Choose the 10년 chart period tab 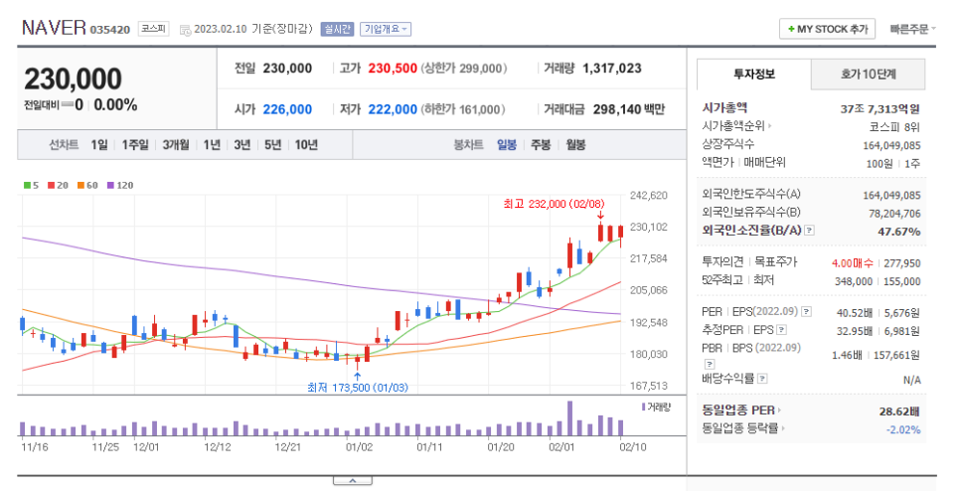(306, 144)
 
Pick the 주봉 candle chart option (540, 144)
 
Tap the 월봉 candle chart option (575, 144)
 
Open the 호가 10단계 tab (868, 74)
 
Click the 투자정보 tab (753, 74)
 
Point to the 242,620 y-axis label (649, 196)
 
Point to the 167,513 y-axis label (649, 386)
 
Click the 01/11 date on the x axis (429, 447)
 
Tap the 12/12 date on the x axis (218, 447)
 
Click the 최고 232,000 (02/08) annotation (554, 203)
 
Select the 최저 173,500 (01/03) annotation (356, 387)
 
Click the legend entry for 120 (121, 185)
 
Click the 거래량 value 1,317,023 (611, 69)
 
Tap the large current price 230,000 (74, 80)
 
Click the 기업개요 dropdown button (385, 29)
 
